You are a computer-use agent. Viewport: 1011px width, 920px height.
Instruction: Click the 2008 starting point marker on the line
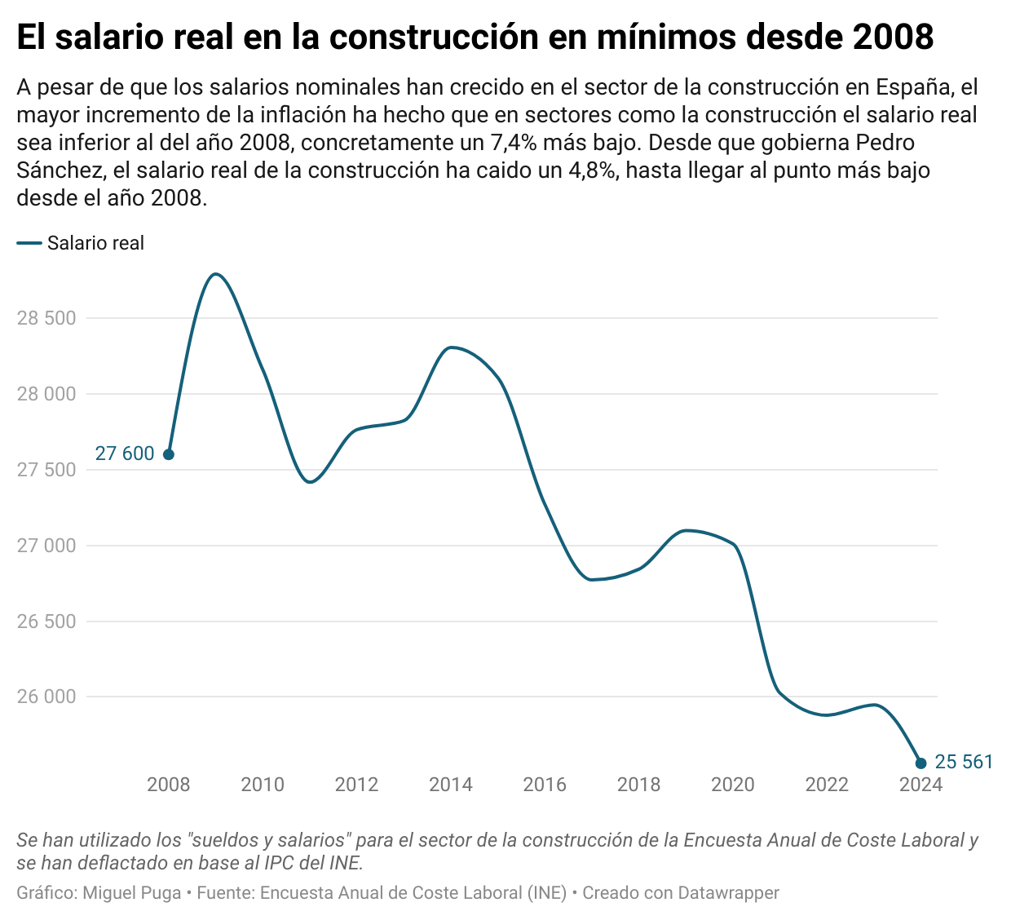(169, 454)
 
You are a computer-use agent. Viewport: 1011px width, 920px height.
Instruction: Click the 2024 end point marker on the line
(920, 763)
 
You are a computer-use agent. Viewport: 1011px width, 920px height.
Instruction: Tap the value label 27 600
(125, 454)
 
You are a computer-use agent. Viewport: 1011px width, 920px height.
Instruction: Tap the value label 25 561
(964, 763)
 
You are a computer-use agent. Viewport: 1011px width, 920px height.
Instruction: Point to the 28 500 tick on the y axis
(46, 318)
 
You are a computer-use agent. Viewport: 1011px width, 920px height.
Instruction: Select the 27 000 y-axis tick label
(46, 546)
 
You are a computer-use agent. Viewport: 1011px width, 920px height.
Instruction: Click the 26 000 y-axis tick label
(46, 697)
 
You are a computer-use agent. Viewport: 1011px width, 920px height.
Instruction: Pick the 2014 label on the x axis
(451, 785)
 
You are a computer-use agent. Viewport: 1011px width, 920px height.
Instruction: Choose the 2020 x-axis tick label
(733, 785)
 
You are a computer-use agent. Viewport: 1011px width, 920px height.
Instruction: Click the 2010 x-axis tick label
(263, 785)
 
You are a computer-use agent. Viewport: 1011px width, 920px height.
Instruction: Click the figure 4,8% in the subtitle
(589, 170)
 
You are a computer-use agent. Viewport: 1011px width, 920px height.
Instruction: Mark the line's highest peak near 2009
(215, 274)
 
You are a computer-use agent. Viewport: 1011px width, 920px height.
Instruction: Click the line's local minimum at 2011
(310, 482)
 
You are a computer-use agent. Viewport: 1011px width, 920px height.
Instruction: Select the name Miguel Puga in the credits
(132, 893)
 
